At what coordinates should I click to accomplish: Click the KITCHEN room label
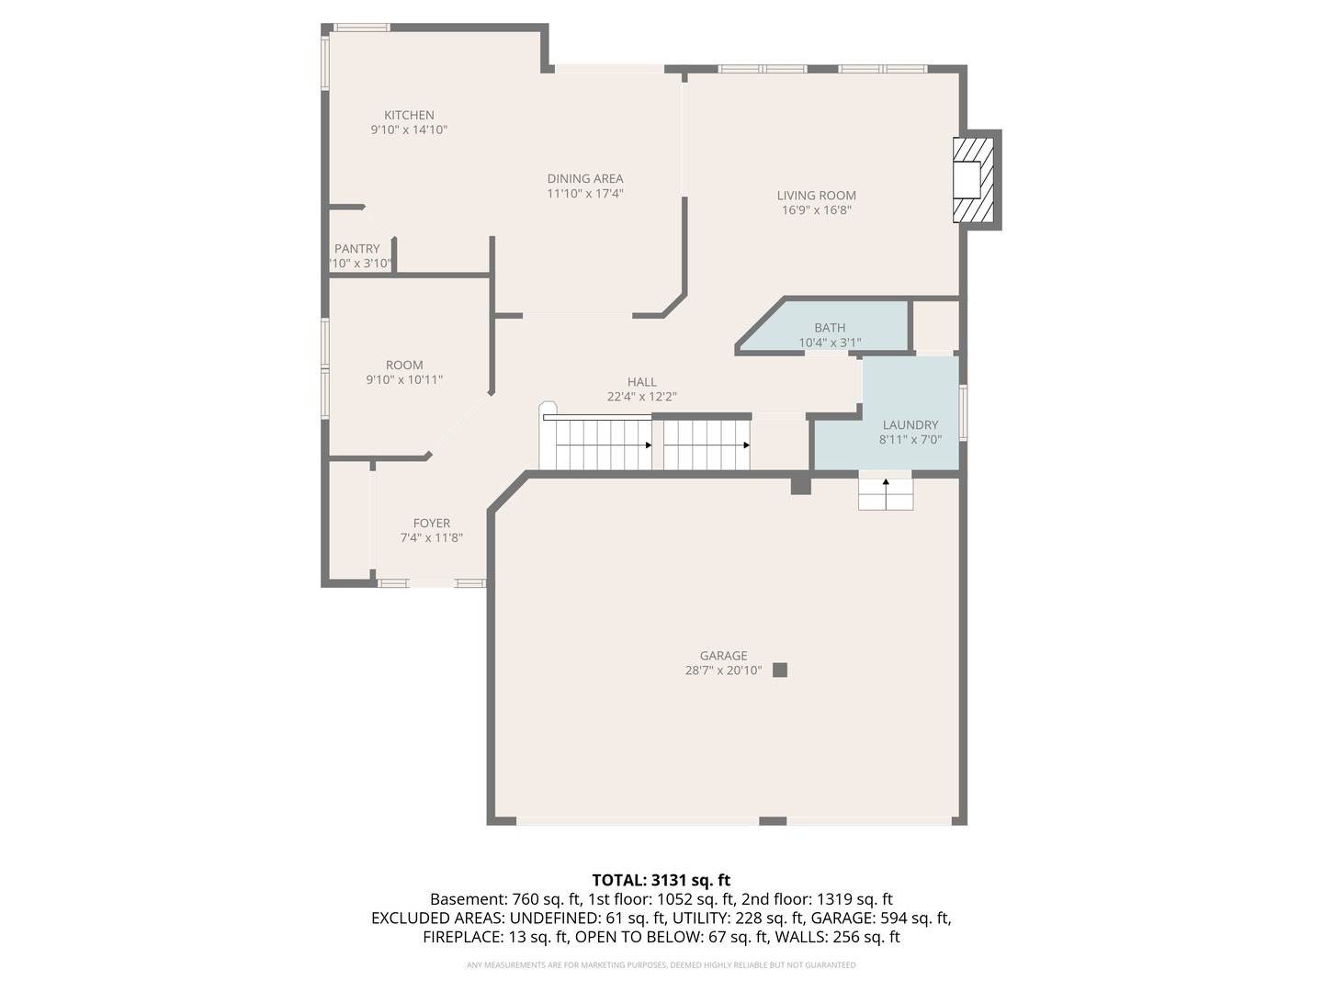pyautogui.click(x=409, y=116)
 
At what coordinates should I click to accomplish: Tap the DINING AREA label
pyautogui.click(x=585, y=179)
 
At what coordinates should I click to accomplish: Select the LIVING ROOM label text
pyautogui.click(x=816, y=196)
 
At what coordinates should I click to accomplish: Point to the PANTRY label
pyautogui.click(x=357, y=249)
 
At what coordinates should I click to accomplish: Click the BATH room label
pyautogui.click(x=830, y=328)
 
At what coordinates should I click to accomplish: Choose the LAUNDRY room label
pyautogui.click(x=910, y=425)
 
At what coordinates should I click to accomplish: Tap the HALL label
pyautogui.click(x=641, y=382)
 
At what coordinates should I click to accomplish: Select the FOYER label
pyautogui.click(x=431, y=524)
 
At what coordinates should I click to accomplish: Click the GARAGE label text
pyautogui.click(x=723, y=656)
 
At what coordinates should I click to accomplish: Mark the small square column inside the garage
pyautogui.click(x=780, y=670)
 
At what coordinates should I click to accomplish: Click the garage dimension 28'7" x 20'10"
pyautogui.click(x=723, y=671)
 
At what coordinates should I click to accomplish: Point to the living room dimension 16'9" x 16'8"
pyautogui.click(x=816, y=210)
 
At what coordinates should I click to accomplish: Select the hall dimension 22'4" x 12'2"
pyautogui.click(x=641, y=397)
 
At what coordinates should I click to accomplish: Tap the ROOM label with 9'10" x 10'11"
pyautogui.click(x=404, y=366)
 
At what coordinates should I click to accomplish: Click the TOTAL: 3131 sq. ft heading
pyautogui.click(x=661, y=880)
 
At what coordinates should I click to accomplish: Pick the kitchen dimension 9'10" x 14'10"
pyautogui.click(x=409, y=130)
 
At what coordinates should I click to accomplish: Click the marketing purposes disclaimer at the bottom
pyautogui.click(x=661, y=965)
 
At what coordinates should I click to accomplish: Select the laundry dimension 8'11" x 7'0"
pyautogui.click(x=910, y=440)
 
